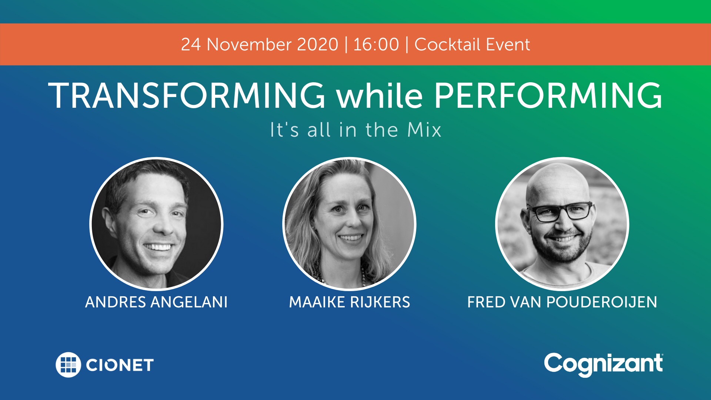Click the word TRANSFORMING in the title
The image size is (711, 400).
point(187,96)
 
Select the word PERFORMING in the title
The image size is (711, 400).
point(548,96)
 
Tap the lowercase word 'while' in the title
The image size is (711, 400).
point(379,96)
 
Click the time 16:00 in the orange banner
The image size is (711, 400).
point(376,44)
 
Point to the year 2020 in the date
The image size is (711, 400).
point(317,44)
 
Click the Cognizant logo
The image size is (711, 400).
point(603,364)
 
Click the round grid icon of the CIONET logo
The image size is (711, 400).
point(68,364)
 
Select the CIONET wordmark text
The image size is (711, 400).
point(120,365)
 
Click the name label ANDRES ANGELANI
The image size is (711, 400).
point(156,302)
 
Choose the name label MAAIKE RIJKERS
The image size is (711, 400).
point(349,302)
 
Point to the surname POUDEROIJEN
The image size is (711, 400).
point(602,302)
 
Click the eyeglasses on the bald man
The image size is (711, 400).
point(560,212)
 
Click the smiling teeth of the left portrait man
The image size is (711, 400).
point(158,246)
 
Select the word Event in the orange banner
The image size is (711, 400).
point(508,44)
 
